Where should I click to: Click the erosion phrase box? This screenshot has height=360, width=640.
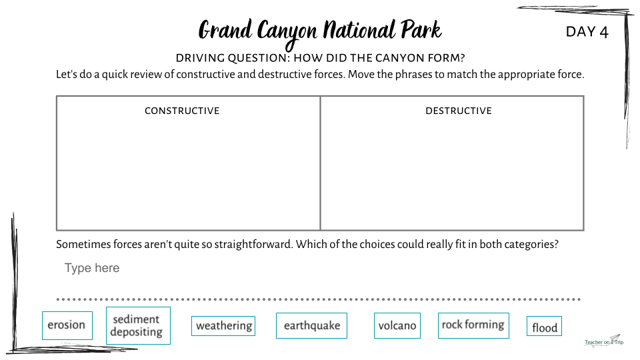(x=67, y=325)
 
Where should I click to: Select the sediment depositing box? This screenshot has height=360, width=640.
(x=138, y=326)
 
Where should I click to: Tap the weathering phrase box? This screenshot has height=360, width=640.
(x=223, y=326)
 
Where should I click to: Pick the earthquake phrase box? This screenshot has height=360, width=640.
(x=311, y=326)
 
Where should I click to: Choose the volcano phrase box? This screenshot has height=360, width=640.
(x=397, y=326)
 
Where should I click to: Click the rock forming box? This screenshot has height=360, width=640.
(x=473, y=325)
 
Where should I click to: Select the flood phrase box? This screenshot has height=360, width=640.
(x=544, y=326)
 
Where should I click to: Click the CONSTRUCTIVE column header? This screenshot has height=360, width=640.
(x=182, y=111)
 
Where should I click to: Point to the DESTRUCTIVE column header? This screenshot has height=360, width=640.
(x=459, y=111)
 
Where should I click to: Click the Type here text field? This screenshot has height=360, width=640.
(x=92, y=268)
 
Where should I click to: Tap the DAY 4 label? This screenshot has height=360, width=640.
(x=587, y=32)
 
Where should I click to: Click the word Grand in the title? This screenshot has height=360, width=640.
(x=225, y=30)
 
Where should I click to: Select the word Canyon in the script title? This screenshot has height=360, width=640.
(x=287, y=33)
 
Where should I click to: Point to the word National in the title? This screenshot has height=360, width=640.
(x=359, y=30)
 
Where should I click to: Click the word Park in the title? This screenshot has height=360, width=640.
(x=421, y=29)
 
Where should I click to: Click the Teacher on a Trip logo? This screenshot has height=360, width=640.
(x=604, y=341)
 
